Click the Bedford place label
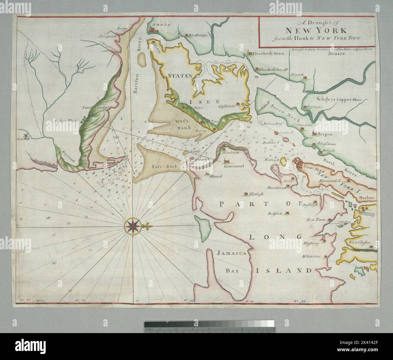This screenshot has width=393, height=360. [x=274, y=214]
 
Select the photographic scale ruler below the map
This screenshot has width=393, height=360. [x=209, y=326]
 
